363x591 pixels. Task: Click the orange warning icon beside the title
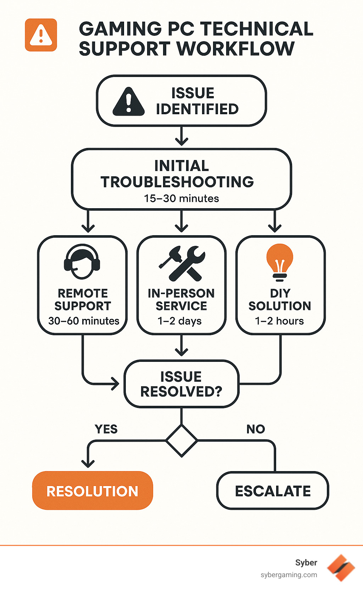(x=41, y=35)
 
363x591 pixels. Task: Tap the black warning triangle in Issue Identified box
(x=128, y=102)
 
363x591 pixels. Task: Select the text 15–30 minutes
(x=181, y=198)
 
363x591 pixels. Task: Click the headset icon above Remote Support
(x=82, y=262)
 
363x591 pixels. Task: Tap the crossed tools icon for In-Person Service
(x=182, y=263)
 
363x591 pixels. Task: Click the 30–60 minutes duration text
(x=84, y=321)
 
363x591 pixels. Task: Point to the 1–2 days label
(x=179, y=321)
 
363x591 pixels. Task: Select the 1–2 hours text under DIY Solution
(x=279, y=321)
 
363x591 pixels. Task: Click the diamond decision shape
(x=181, y=441)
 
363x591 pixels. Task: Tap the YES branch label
(x=106, y=429)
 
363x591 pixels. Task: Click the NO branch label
(x=256, y=429)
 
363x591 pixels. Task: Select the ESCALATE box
(x=273, y=491)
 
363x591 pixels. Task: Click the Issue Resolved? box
(x=181, y=384)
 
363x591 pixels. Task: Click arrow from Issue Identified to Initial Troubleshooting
(x=181, y=136)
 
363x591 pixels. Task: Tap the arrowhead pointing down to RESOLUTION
(x=88, y=462)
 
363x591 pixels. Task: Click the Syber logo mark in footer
(x=341, y=568)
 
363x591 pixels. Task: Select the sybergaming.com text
(x=289, y=575)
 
